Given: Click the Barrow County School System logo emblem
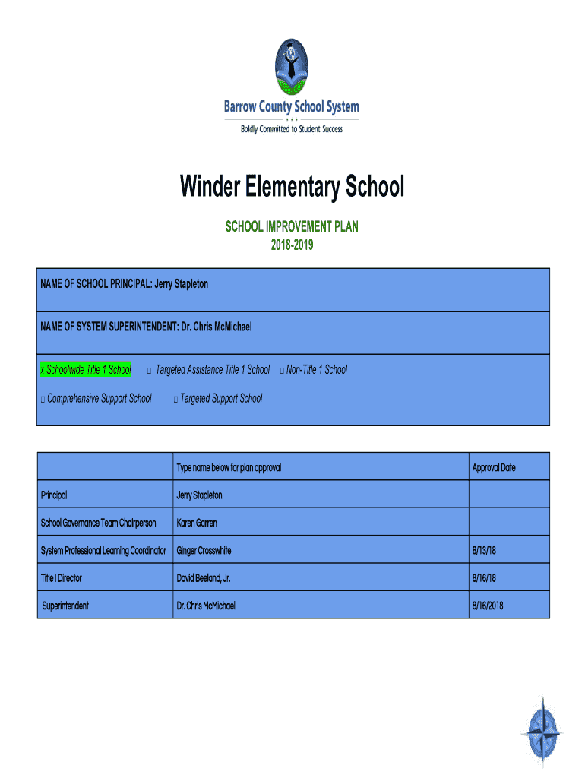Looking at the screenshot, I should click(292, 64).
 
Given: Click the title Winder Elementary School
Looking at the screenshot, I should click(292, 186).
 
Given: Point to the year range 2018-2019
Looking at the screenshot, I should click(292, 245).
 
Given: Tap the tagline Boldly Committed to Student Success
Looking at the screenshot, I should click(292, 129).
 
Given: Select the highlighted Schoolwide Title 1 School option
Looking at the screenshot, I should click(86, 370).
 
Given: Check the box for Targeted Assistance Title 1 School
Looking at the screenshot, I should click(150, 371).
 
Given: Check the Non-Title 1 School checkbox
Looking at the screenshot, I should click(281, 371).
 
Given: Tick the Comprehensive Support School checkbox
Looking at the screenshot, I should click(43, 399).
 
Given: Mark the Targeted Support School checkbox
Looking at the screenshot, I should click(175, 399).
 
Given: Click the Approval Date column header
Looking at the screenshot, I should click(493, 467).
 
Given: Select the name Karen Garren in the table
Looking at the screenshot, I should click(196, 523).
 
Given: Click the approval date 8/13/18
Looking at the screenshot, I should click(483, 550).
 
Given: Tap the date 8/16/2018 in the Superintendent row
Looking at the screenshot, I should click(488, 606).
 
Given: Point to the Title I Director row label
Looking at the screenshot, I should click(61, 578).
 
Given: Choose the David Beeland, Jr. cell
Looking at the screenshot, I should click(203, 578).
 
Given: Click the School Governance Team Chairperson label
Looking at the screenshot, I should click(98, 523).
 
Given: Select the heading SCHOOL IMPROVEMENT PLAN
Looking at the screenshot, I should click(292, 227).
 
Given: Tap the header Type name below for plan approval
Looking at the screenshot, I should click(229, 467).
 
